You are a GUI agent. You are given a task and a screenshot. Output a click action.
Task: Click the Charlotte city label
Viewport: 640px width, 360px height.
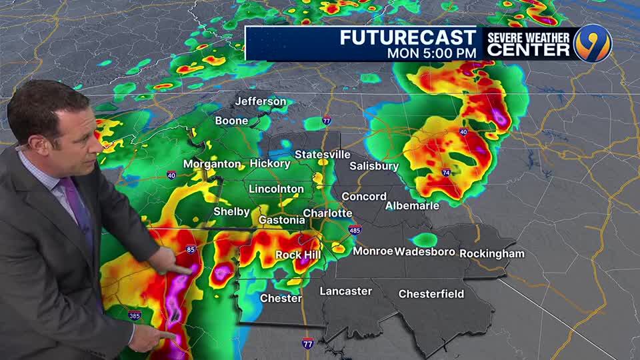pos(327,213)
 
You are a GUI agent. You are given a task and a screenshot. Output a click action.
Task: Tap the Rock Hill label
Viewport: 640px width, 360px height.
pos(298,255)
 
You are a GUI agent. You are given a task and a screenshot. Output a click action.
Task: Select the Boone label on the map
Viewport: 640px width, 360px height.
pos(231,121)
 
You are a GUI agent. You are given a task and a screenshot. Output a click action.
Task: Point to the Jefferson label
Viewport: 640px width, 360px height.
pos(260,102)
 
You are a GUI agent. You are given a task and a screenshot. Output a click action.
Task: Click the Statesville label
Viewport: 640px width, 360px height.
pos(323,155)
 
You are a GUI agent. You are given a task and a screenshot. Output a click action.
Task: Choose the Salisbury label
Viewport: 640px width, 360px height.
pos(374,166)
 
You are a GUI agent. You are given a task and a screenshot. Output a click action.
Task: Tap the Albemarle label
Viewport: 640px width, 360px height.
pos(413,206)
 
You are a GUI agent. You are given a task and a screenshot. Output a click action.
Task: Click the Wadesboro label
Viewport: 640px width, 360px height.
pos(425,251)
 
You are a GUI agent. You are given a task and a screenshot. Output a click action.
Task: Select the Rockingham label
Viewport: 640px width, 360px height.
pos(492,253)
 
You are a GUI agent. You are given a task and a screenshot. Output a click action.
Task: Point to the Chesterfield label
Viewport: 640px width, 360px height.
pos(431,294)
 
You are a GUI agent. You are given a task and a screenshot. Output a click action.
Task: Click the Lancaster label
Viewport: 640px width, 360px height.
pos(346,291)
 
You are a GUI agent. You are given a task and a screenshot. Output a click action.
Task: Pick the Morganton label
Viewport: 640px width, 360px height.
pos(212,163)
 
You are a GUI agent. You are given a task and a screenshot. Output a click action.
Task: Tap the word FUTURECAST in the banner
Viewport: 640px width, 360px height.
pos(408,37)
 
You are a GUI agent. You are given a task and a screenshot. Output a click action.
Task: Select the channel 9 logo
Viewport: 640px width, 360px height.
pos(593,43)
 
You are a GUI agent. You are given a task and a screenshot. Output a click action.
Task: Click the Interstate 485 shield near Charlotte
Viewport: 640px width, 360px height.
pos(355,230)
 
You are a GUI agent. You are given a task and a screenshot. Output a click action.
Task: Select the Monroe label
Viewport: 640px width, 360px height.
pos(373,251)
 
